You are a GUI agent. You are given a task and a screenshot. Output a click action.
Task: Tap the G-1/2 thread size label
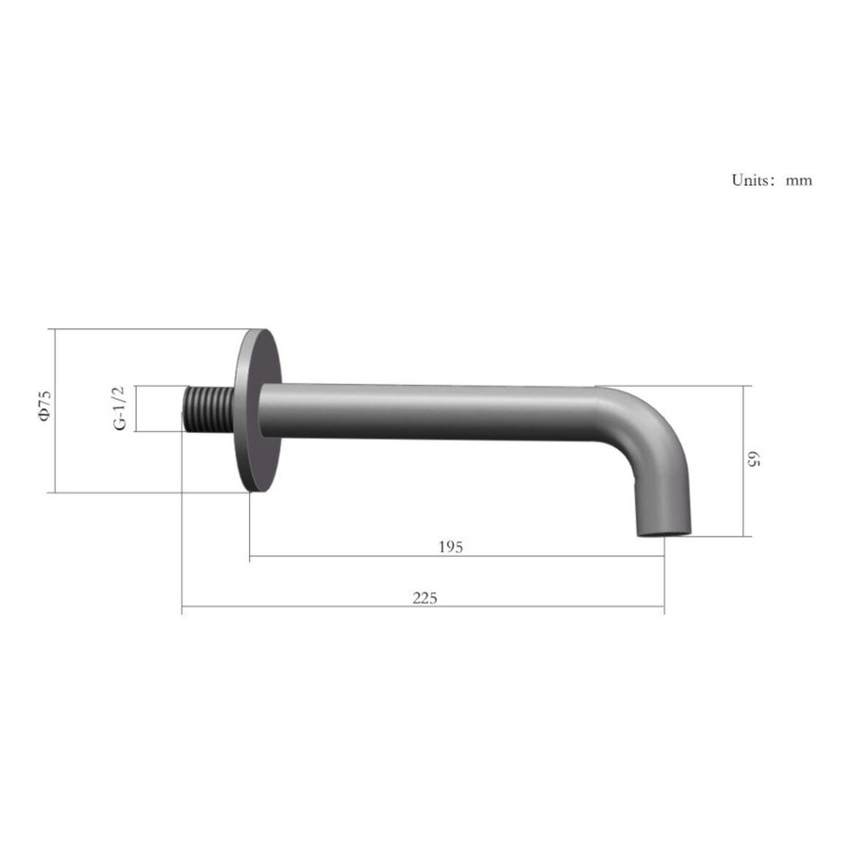(120, 408)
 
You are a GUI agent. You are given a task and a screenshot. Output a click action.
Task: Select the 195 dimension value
(451, 547)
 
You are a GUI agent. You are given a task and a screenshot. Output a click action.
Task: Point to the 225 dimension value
(424, 597)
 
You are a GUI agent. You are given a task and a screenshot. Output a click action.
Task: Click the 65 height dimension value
(753, 459)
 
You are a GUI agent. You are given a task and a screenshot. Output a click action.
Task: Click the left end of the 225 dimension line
(182, 607)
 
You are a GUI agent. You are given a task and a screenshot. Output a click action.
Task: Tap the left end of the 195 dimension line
(250, 557)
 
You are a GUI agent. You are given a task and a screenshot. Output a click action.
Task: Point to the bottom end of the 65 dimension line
(743, 536)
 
